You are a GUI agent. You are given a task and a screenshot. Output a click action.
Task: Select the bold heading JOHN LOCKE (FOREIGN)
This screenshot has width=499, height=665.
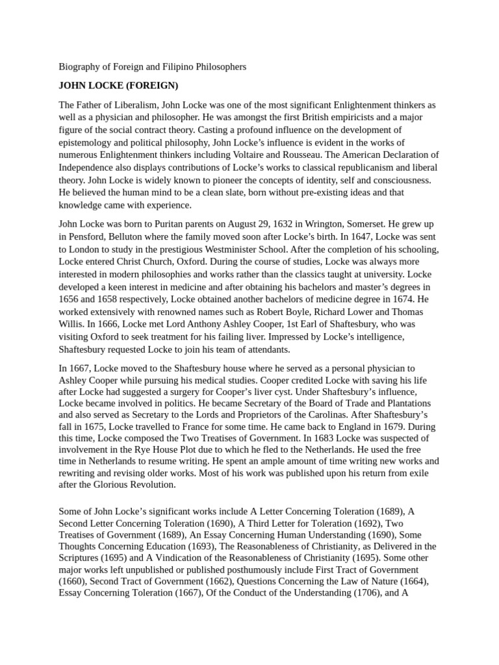tap(118, 86)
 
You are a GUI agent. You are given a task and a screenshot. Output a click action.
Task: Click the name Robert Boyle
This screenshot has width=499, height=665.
tap(296, 312)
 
